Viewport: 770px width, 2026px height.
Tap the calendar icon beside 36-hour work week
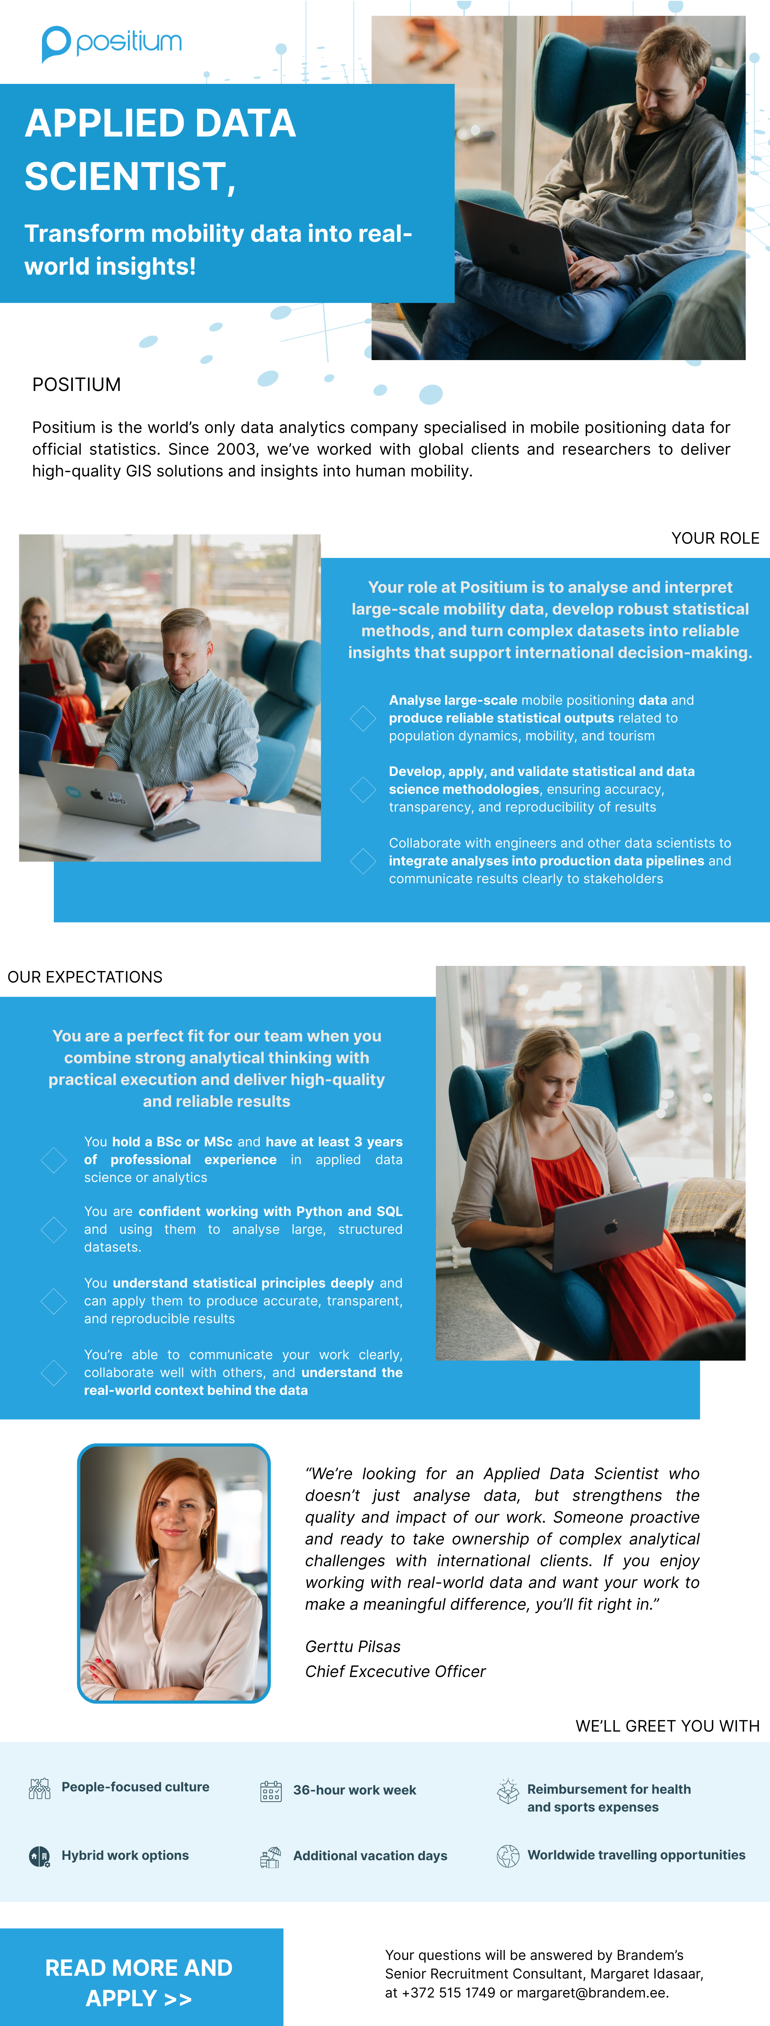pyautogui.click(x=270, y=1791)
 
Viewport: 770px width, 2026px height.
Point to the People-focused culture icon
pyautogui.click(x=39, y=1789)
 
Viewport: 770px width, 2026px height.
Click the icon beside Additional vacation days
pyautogui.click(x=270, y=1857)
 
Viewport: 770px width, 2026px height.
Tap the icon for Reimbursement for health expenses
pyautogui.click(x=508, y=1791)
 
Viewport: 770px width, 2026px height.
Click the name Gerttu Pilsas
pyautogui.click(x=352, y=1646)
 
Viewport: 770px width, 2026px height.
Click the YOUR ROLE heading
pyautogui.click(x=715, y=538)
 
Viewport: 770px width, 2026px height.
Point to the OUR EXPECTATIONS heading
pyautogui.click(x=85, y=977)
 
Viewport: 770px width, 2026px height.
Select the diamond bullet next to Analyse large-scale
pyautogui.click(x=363, y=717)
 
